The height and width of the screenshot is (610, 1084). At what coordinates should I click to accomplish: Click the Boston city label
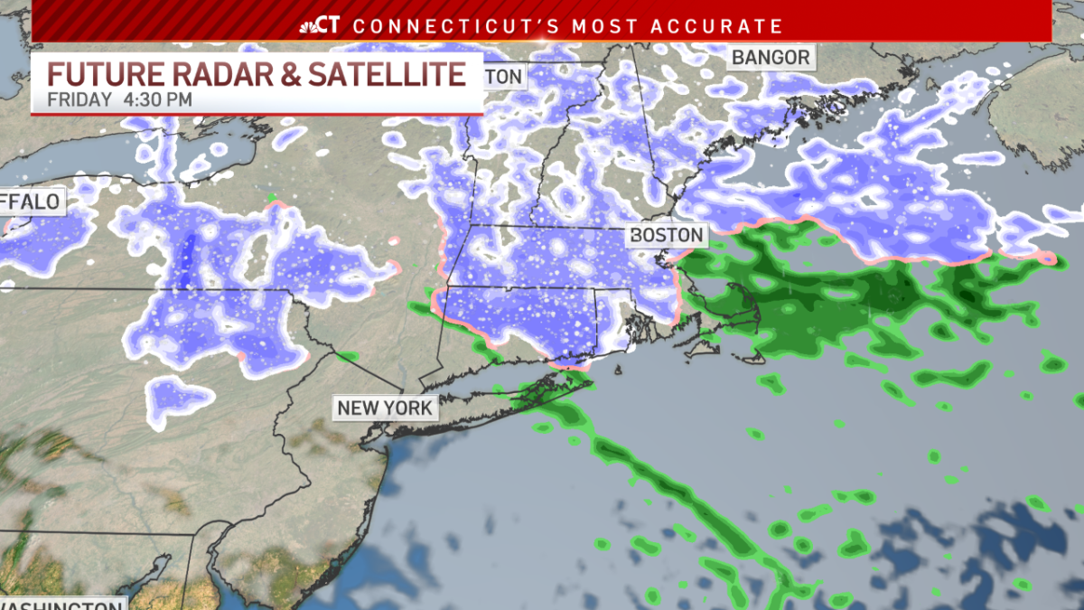click(667, 235)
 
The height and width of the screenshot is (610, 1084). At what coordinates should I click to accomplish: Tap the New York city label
click(385, 408)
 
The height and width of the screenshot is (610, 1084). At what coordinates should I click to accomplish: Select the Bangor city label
click(771, 58)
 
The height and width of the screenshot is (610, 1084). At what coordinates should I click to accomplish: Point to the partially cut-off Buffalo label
click(33, 201)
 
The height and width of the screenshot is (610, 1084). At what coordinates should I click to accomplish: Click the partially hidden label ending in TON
click(504, 77)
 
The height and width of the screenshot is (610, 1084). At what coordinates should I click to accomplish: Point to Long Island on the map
click(506, 403)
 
